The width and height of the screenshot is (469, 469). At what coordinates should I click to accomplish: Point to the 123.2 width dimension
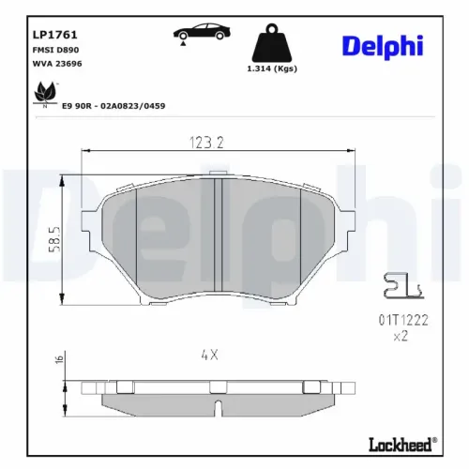(218, 143)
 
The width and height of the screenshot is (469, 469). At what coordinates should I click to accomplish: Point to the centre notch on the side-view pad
(217, 409)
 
